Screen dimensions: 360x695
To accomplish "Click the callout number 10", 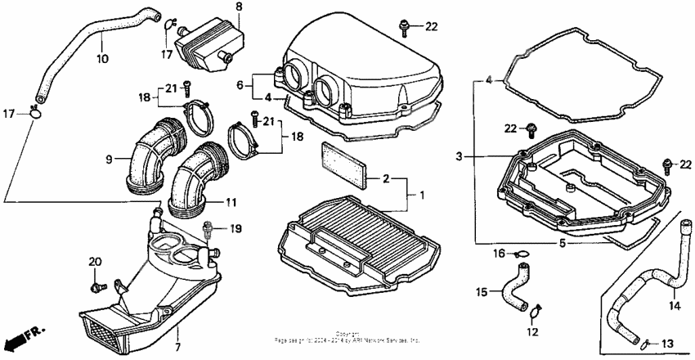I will (x=102, y=60).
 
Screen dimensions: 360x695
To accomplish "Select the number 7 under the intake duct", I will (x=177, y=347).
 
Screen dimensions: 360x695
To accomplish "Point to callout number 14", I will (x=675, y=306).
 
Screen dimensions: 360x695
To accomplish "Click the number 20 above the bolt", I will (x=94, y=261).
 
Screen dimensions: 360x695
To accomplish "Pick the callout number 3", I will (x=460, y=156).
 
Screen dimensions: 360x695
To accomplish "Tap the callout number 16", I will (x=499, y=254).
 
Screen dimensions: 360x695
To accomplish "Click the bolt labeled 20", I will (x=98, y=287).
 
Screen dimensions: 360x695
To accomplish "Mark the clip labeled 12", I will (x=536, y=312).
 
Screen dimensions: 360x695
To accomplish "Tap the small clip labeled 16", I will (x=522, y=254).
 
